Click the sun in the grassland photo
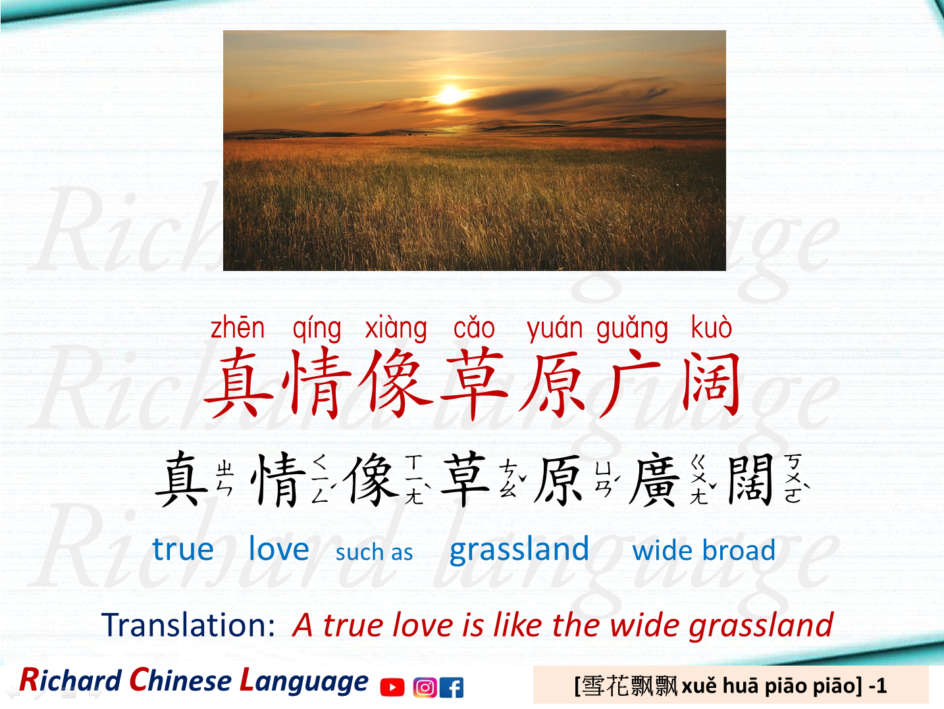450,95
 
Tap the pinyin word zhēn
238,328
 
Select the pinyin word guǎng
632,328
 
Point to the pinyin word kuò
711,328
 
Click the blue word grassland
519,549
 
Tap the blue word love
278,549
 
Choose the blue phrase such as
374,552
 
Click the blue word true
183,549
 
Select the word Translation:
188,625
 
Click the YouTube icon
392,687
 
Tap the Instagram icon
425,687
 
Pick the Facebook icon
452,687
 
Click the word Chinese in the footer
179,681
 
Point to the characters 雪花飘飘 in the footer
630,686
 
